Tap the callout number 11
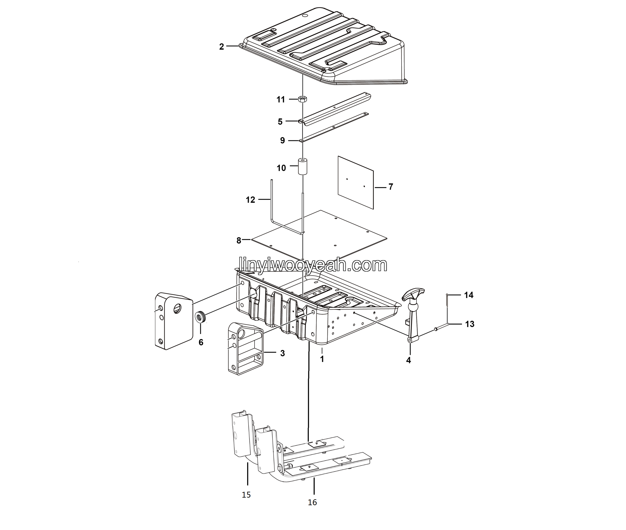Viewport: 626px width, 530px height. pyautogui.click(x=281, y=99)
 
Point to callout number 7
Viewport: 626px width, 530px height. pyautogui.click(x=391, y=187)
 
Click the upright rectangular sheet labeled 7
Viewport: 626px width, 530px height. pyautogui.click(x=356, y=182)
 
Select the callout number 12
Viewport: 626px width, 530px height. pyautogui.click(x=250, y=200)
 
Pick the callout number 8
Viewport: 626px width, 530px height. pyautogui.click(x=239, y=240)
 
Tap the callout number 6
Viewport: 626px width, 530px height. pyautogui.click(x=201, y=342)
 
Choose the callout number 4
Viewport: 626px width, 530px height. pyautogui.click(x=408, y=360)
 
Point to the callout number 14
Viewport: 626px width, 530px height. pyautogui.click(x=469, y=295)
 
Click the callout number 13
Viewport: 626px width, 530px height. pyautogui.click(x=470, y=324)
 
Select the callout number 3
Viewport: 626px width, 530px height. pyautogui.click(x=282, y=353)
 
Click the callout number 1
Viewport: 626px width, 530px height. pyautogui.click(x=322, y=359)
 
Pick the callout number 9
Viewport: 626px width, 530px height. pyautogui.click(x=282, y=141)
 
